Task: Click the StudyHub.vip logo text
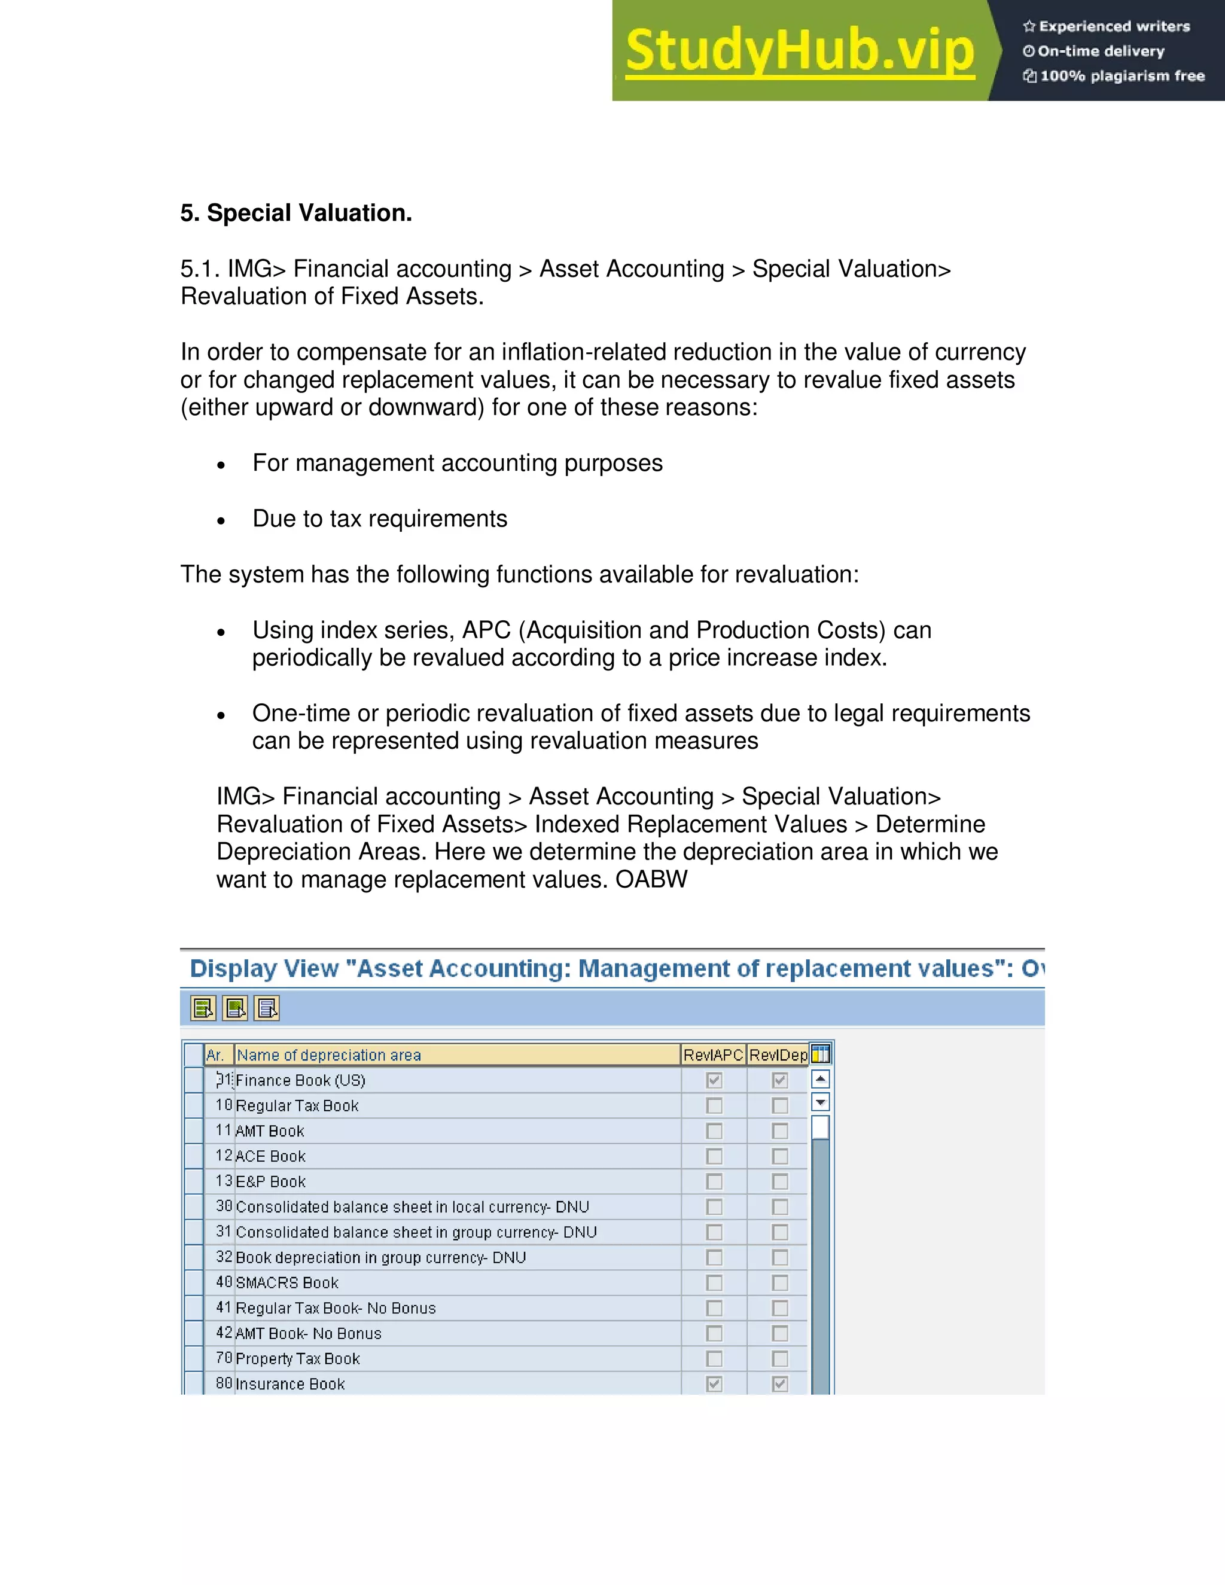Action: tap(799, 51)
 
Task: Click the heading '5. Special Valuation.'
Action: tap(296, 213)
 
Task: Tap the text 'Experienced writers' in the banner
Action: tap(1114, 27)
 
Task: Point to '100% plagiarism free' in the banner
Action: tap(1122, 75)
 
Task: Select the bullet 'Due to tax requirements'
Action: tap(380, 519)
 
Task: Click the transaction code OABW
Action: tap(651, 880)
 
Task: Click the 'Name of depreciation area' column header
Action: tap(329, 1055)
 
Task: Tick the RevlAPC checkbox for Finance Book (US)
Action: tap(714, 1081)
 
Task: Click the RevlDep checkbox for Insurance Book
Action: tap(779, 1384)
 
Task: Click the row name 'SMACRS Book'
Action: tap(287, 1283)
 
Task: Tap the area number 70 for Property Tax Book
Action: tap(224, 1358)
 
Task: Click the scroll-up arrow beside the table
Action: tap(820, 1079)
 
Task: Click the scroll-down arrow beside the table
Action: tap(820, 1102)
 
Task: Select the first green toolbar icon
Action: tap(203, 1008)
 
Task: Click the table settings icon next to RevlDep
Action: tap(820, 1054)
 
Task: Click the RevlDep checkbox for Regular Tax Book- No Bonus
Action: tap(779, 1309)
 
